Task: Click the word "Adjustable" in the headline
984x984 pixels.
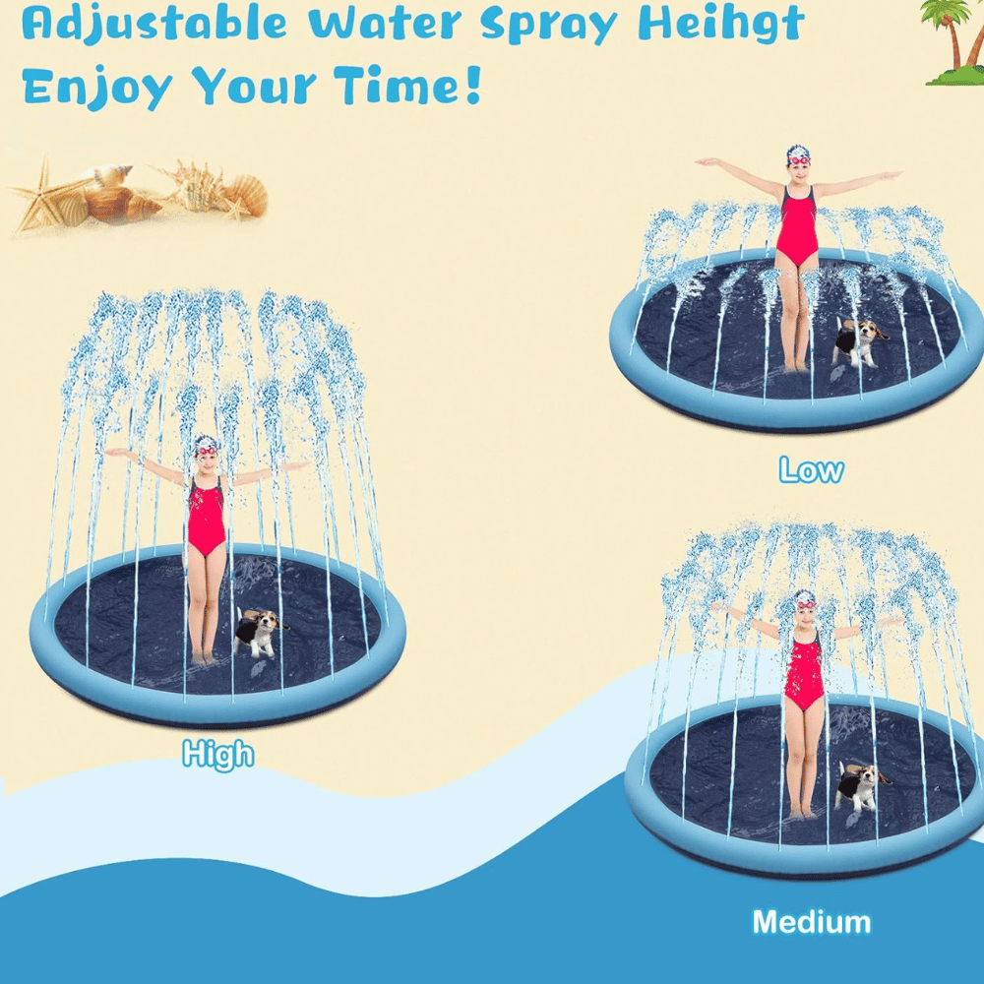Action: pos(154,24)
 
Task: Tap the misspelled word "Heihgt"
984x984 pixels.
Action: pos(720,24)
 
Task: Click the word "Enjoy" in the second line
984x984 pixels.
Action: pos(97,87)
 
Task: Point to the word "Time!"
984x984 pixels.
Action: pos(407,85)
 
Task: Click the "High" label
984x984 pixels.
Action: pos(217,754)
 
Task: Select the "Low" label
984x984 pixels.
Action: pos(811,470)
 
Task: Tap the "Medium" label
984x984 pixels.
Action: pos(812,923)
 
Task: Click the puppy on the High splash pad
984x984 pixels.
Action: pos(260,633)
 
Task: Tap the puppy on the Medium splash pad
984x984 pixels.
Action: pos(861,787)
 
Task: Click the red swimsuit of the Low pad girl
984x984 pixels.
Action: pos(797,225)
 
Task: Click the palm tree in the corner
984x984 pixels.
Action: pos(953,41)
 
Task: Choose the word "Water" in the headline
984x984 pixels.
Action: pos(385,24)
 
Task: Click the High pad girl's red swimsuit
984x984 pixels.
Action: pos(207,516)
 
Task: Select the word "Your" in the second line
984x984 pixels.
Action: pos(254,86)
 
